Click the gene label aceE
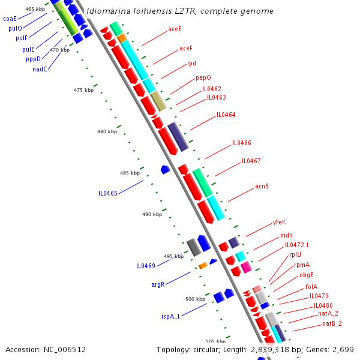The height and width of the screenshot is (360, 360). (175, 29)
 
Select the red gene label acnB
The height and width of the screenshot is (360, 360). (262, 187)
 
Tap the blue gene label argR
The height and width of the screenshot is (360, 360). (158, 284)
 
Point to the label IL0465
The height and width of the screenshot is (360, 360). (109, 194)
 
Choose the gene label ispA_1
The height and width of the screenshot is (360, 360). (170, 316)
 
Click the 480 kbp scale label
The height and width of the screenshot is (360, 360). (107, 131)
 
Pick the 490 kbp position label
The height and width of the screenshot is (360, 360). (152, 214)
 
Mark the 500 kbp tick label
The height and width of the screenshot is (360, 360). (195, 299)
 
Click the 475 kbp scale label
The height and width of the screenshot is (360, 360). (83, 90)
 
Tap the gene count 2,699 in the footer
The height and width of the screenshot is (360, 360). (344, 349)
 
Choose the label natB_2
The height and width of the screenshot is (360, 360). (332, 324)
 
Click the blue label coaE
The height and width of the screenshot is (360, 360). (10, 19)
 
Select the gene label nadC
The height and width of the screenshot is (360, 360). (40, 69)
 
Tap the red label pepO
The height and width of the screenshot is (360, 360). (203, 78)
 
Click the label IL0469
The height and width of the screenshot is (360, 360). (146, 266)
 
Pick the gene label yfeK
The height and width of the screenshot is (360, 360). (280, 222)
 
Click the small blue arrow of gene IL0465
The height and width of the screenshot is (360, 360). (166, 170)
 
